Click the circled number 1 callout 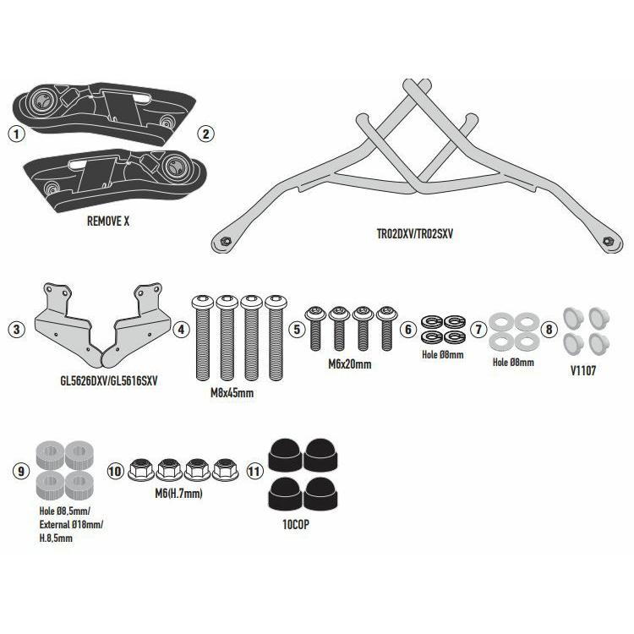point(17,134)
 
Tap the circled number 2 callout point(205,134)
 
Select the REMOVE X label point(108,221)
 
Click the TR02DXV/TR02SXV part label point(415,233)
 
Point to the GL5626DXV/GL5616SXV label point(109,381)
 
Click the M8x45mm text point(232,392)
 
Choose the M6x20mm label point(350,364)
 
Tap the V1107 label point(583,370)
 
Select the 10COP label point(296,524)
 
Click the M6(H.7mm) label point(178,494)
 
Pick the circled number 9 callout point(21,471)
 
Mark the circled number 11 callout point(254,471)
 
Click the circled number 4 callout point(181,329)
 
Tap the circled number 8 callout point(549,329)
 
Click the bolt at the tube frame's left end point(225,242)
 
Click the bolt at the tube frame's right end point(607,242)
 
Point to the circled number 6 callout point(408,329)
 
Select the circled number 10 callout point(115,471)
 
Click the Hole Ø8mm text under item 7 point(513,363)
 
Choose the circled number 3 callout point(17,329)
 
